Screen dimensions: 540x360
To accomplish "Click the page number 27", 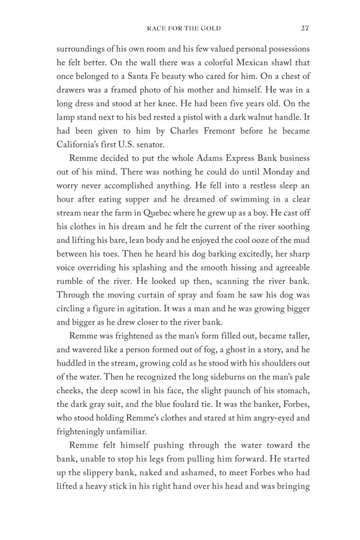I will pyautogui.click(x=305, y=26).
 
